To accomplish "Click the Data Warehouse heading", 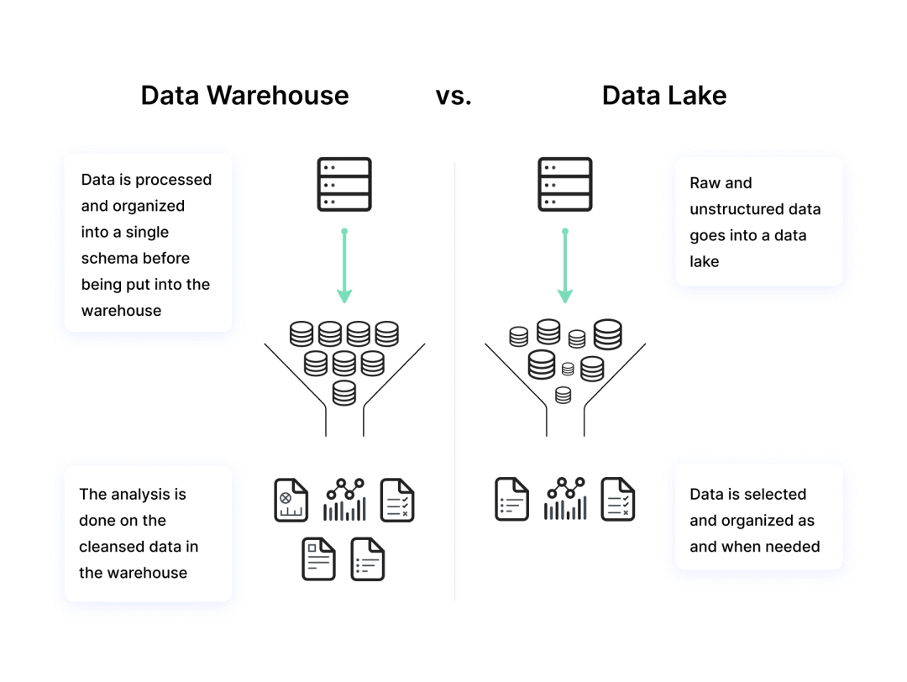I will point(244,95).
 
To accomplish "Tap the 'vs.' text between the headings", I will point(453,95).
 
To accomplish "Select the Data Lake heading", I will point(663,95).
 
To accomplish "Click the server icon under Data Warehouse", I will point(344,184).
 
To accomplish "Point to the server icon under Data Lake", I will point(564,184).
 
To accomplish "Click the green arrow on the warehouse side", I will point(344,266).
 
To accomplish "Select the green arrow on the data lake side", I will point(565,266).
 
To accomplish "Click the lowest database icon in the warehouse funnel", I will point(344,392).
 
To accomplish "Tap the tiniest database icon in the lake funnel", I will point(568,369).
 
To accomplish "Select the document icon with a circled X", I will point(291,501).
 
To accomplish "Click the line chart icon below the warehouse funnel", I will point(344,501).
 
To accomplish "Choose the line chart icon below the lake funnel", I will point(564,500).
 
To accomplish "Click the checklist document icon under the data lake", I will point(617,500).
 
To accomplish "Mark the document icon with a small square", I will point(318,559).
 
